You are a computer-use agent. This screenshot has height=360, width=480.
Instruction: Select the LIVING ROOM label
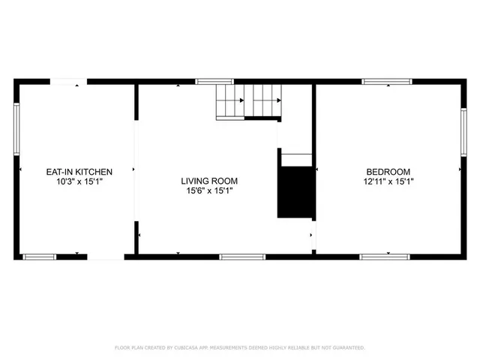pos(209,181)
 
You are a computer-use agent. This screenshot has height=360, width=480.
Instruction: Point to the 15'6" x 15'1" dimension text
pos(209,190)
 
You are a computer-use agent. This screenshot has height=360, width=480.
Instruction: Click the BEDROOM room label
pos(388,172)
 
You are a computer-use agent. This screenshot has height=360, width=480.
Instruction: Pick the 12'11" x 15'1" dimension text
pos(388,181)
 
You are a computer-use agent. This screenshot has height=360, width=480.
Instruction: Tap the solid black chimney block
pos(295,192)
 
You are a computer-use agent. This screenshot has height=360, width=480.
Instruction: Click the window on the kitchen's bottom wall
pos(39,257)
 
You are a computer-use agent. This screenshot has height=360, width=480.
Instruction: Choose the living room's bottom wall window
pos(242,257)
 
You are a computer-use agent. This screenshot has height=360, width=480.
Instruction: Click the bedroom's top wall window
pos(387,81)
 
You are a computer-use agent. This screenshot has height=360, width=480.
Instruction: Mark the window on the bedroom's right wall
pos(463,132)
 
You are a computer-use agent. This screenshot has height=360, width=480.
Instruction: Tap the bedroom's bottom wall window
pos(385,257)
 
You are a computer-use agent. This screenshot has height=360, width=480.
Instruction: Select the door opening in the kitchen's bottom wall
pos(106,257)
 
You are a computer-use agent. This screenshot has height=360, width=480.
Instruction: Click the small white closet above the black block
pos(295,158)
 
